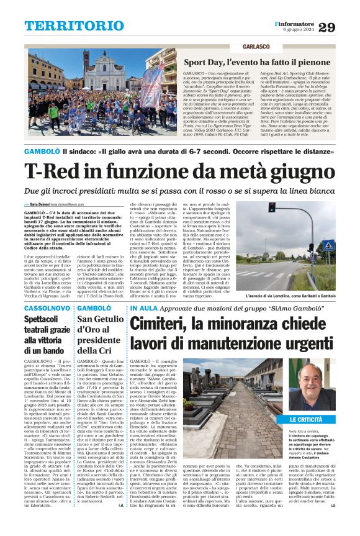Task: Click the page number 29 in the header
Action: click(343, 27)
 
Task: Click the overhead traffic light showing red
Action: click(271, 207)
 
